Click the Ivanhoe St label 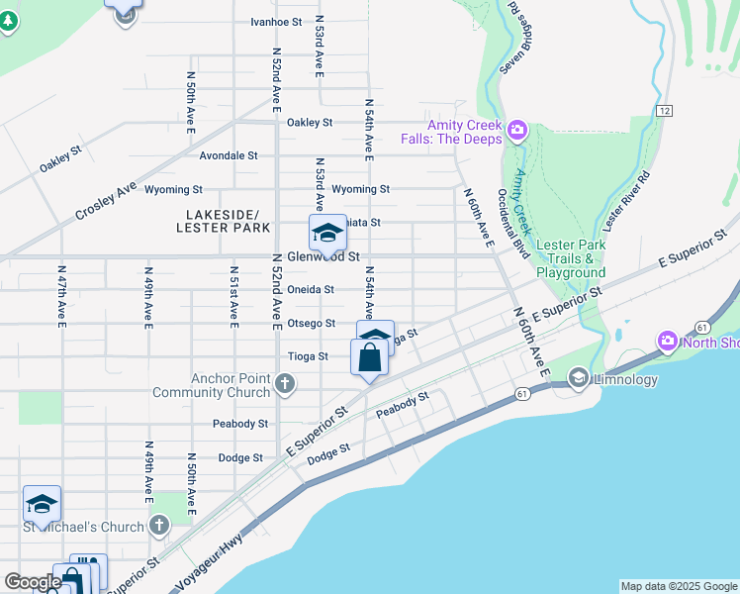pyautogui.click(x=276, y=21)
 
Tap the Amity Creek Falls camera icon pyautogui.click(x=516, y=130)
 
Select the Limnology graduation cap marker pyautogui.click(x=579, y=377)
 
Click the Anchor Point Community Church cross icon pyautogui.click(x=285, y=383)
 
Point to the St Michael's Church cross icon pyautogui.click(x=158, y=527)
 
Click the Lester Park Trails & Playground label pyautogui.click(x=570, y=258)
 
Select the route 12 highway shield pyautogui.click(x=663, y=110)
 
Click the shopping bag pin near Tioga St pyautogui.click(x=369, y=358)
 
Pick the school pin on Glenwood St pyautogui.click(x=326, y=234)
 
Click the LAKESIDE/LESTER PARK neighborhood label pyautogui.click(x=223, y=221)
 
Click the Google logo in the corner pyautogui.click(x=32, y=581)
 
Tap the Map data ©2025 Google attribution pyautogui.click(x=679, y=586)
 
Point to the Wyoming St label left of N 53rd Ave pyautogui.click(x=173, y=189)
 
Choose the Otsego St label pyautogui.click(x=311, y=323)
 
